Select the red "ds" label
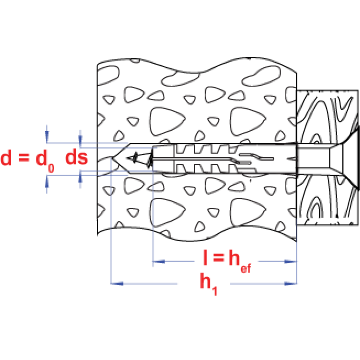(x=76, y=158)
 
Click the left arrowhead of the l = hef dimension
(x=162, y=261)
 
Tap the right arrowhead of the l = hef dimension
(x=287, y=261)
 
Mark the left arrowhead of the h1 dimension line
(x=121, y=284)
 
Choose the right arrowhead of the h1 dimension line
(x=287, y=284)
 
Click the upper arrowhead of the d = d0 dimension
(x=47, y=136)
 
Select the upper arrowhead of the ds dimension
(x=81, y=138)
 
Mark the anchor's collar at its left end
(x=164, y=159)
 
